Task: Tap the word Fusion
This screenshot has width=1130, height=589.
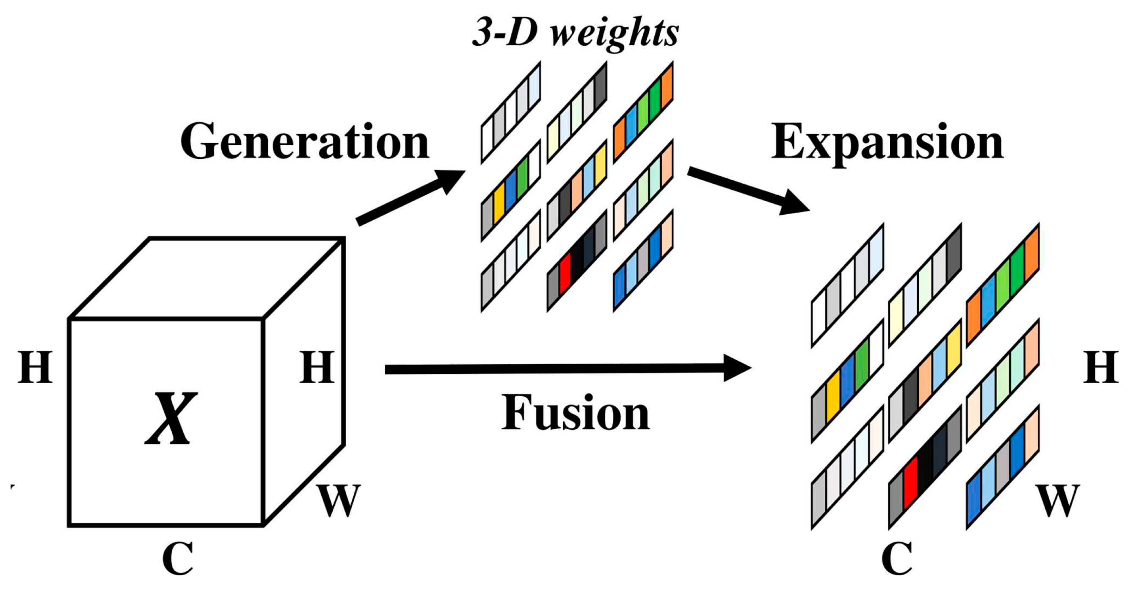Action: tap(575, 412)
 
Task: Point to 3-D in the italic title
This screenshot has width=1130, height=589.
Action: tap(504, 33)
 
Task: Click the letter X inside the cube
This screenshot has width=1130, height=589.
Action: tap(171, 419)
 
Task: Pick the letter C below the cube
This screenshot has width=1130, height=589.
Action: tap(178, 558)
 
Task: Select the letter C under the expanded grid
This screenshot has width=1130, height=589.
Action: tap(897, 558)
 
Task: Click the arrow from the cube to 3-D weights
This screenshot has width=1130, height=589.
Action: tap(410, 197)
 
